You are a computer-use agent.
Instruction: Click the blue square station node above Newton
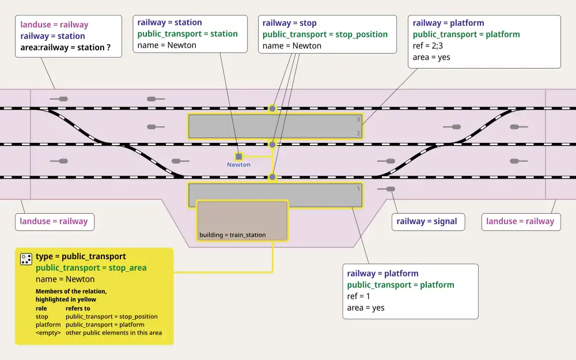pyautogui.click(x=238, y=156)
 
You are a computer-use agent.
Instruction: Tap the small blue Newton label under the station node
pyautogui.click(x=238, y=165)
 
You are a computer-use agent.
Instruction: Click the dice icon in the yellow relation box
pyautogui.click(x=26, y=259)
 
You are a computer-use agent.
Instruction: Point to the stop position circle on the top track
pyautogui.click(x=272, y=108)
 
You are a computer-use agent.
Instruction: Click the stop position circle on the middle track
pyautogui.click(x=272, y=145)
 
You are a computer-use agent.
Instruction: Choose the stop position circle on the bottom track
pyautogui.click(x=272, y=177)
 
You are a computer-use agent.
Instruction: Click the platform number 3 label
pyautogui.click(x=358, y=120)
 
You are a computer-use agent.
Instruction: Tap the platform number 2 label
pyautogui.click(x=358, y=134)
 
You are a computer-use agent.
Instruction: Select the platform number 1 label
pyautogui.click(x=358, y=188)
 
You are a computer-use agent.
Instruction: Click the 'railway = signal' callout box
pyautogui.click(x=427, y=221)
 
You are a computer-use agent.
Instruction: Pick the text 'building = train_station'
pyautogui.click(x=233, y=235)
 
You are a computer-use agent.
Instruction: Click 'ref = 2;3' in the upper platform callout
pyautogui.click(x=431, y=46)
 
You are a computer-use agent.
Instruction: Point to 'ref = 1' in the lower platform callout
pyautogui.click(x=359, y=296)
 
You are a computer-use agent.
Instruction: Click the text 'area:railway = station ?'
pyautogui.click(x=66, y=47)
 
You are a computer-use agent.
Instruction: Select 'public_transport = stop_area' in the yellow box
pyautogui.click(x=91, y=268)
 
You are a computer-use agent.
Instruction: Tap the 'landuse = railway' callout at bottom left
pyautogui.click(x=54, y=221)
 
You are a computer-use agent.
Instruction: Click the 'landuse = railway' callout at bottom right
pyautogui.click(x=520, y=221)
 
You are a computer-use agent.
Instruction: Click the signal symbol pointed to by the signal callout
pyautogui.click(x=390, y=189)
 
